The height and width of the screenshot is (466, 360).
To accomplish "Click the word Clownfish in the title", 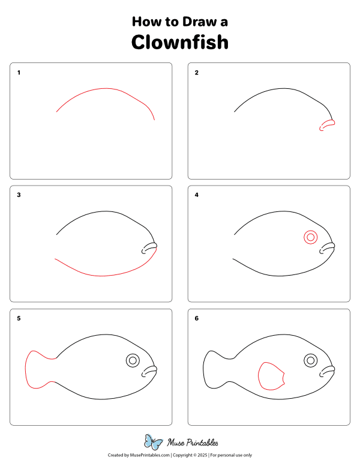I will click(x=180, y=43).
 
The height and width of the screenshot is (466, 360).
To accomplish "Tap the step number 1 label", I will click(x=19, y=73).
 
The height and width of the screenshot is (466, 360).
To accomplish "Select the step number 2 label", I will click(x=196, y=73).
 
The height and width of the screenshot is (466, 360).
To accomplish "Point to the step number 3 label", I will click(x=19, y=195).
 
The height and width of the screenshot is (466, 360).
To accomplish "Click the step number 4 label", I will click(x=196, y=195).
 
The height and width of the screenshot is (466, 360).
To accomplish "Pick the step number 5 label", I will click(x=19, y=318).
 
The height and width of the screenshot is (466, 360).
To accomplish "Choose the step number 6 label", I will click(x=196, y=318).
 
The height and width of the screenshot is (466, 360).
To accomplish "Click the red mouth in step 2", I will click(x=326, y=125).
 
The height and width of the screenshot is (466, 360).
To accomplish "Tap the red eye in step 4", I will click(x=310, y=237).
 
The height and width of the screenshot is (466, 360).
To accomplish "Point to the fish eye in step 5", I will click(x=133, y=360).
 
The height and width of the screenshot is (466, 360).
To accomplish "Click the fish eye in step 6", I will click(x=310, y=360).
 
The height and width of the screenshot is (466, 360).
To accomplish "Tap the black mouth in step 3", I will click(x=149, y=248).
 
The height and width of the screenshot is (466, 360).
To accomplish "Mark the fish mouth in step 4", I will click(x=326, y=248).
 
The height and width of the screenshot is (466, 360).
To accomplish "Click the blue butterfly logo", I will click(x=154, y=443).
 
